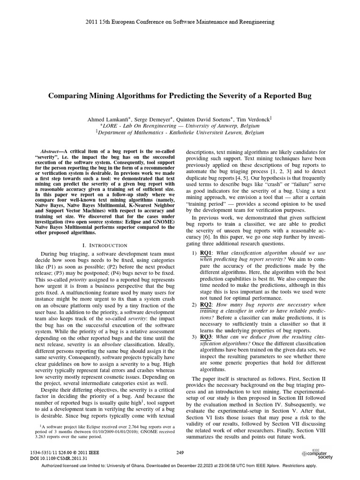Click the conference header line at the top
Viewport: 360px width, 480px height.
coord(180,22)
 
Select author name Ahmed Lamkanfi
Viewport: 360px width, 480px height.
coord(109,120)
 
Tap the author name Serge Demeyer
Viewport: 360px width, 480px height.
coord(152,120)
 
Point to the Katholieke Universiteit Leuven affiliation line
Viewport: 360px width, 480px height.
coord(180,133)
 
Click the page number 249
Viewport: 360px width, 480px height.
coord(180,452)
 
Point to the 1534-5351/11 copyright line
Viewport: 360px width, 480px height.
coord(65,452)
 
